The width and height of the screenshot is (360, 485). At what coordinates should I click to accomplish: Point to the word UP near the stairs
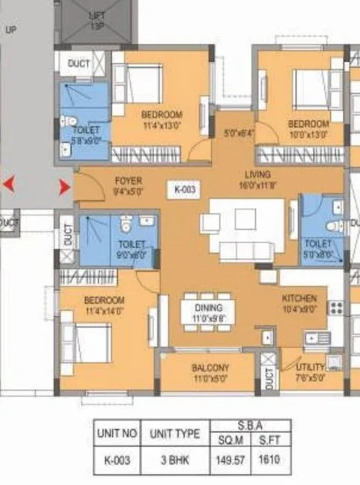point(10,30)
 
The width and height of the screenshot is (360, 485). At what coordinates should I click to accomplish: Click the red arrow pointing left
point(10,184)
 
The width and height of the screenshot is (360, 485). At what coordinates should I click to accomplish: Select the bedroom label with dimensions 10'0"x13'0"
point(308,128)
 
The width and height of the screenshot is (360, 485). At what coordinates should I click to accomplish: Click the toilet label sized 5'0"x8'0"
point(318,248)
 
